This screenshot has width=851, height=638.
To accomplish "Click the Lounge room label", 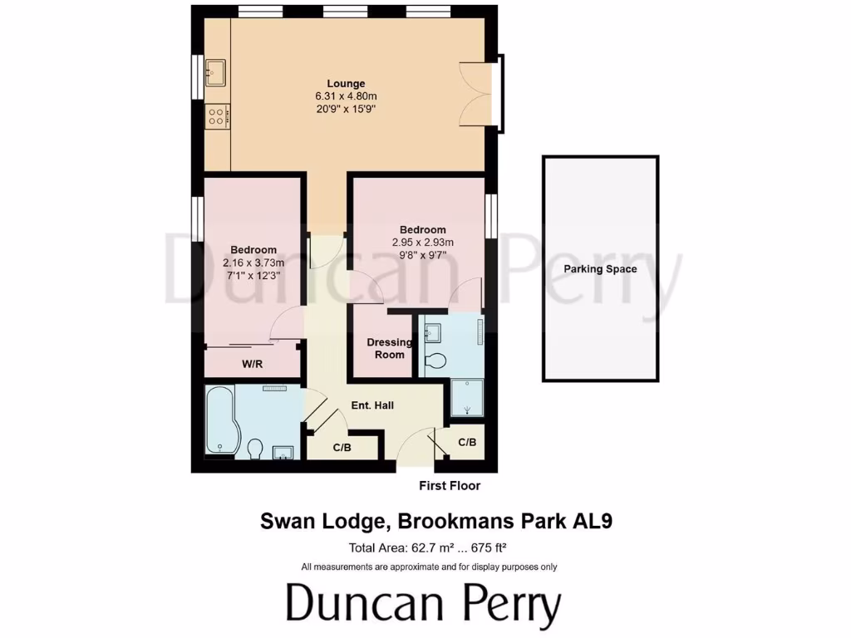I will pyautogui.click(x=346, y=83).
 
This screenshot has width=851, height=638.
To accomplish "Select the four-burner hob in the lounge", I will pyautogui.click(x=218, y=117).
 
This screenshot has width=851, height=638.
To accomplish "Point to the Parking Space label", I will pyautogui.click(x=600, y=269).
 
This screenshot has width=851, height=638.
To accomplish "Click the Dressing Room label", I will pyautogui.click(x=390, y=348).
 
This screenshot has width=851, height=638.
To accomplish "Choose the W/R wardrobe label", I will pyautogui.click(x=253, y=364).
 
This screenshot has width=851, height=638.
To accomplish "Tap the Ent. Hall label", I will pyautogui.click(x=372, y=405).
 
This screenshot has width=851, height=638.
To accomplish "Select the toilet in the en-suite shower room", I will pyautogui.click(x=435, y=361).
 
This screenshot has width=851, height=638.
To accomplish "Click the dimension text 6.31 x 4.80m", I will pyautogui.click(x=346, y=96).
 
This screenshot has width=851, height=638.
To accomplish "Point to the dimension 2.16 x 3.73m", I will pyautogui.click(x=253, y=263).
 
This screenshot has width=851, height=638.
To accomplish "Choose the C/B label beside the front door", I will pyautogui.click(x=467, y=442).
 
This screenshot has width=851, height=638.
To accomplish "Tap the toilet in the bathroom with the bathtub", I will pyautogui.click(x=256, y=449).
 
